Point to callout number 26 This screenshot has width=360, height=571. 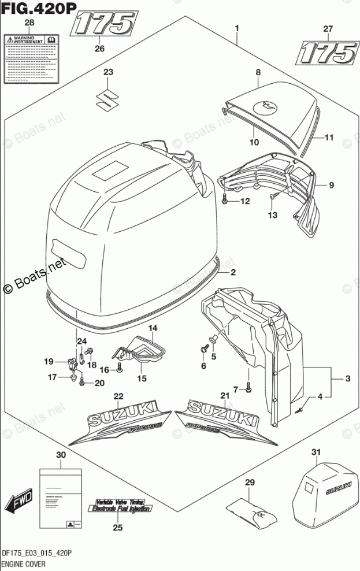pos(99,49)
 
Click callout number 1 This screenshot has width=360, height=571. pos(236,28)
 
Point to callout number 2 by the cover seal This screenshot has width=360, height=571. pos(233,272)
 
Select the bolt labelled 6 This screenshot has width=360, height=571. pos(204,349)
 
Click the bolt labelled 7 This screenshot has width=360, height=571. pos(248,389)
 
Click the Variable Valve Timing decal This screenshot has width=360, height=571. pos(120,505)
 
